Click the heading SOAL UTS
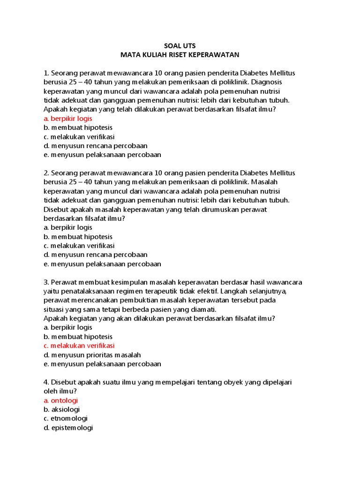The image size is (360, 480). tap(180, 46)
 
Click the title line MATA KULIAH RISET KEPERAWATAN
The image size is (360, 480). tap(180, 55)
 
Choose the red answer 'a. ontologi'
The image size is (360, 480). tap(61, 400)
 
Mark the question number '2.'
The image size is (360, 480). tap(46, 173)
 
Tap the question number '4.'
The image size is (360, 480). tap(46, 382)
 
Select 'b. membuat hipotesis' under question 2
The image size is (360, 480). tap(78, 237)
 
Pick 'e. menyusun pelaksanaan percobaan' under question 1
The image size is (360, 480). tap(102, 155)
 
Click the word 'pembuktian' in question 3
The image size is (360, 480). tap(143, 300)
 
